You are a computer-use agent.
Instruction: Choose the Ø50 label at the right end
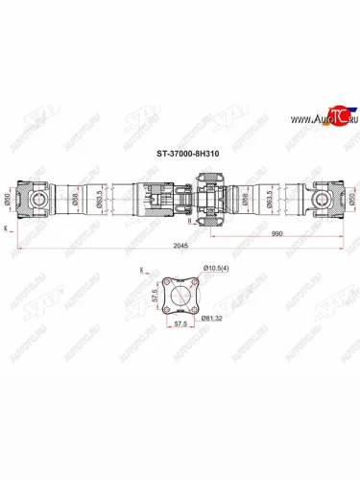point(350,201)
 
